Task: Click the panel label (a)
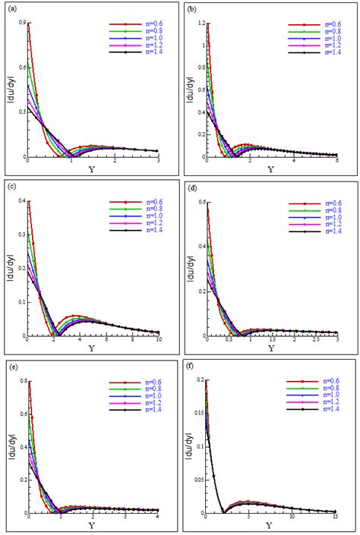pos(8,9)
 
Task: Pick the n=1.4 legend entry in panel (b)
pos(323,52)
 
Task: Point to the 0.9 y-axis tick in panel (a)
pos(21,24)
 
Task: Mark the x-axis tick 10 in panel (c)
pos(157,341)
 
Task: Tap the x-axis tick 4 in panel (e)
pos(157,519)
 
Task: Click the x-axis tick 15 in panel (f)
pos(336,519)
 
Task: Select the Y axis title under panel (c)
pos(92,349)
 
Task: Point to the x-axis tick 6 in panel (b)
pos(336,162)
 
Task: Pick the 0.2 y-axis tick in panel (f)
pos(200,380)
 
